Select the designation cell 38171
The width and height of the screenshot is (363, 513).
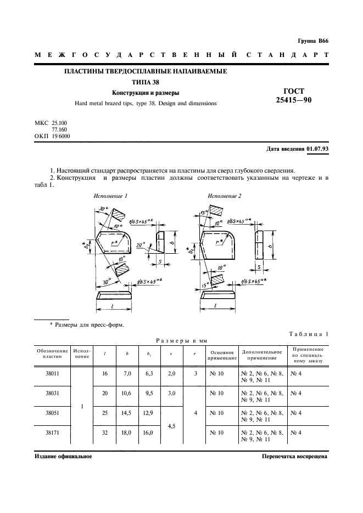52,432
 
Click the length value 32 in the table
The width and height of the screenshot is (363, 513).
105,432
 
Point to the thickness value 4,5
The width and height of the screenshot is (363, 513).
171,423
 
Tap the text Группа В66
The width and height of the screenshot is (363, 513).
312,41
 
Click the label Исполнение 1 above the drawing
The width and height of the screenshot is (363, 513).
110,196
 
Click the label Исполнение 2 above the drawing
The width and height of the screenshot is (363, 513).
224,196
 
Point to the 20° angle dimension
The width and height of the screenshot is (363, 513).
142,247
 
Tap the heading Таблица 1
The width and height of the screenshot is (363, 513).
308,334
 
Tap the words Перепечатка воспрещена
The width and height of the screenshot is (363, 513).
294,456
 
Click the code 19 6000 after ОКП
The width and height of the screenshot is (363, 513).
60,136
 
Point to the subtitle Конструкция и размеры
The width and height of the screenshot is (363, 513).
146,93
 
